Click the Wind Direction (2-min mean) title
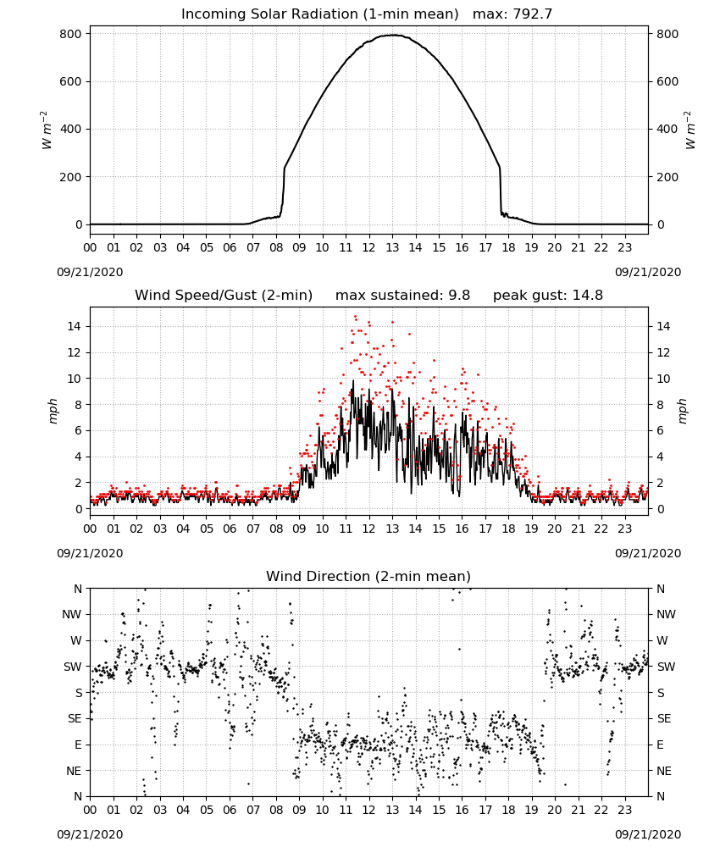click(368, 576)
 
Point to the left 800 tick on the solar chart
click(71, 34)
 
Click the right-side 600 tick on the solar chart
click(667, 81)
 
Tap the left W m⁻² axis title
click(46, 130)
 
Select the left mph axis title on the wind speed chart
click(53, 411)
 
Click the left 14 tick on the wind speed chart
click(75, 326)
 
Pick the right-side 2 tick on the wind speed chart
click(660, 483)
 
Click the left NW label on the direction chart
click(72, 615)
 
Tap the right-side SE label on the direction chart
click(664, 718)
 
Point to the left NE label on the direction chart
click(74, 771)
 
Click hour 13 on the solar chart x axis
click(392, 247)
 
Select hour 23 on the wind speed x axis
click(625, 529)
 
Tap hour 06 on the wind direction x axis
click(230, 810)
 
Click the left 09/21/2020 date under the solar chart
click(90, 272)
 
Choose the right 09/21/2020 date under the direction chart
click(648, 834)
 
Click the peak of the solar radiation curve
click(393, 35)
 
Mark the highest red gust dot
click(355, 317)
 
